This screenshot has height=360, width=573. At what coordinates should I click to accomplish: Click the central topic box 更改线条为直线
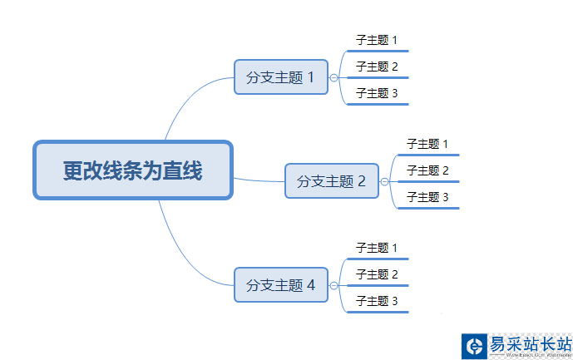(133, 170)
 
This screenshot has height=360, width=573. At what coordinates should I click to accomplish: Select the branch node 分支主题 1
(281, 77)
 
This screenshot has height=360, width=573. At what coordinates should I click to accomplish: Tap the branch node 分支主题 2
(332, 181)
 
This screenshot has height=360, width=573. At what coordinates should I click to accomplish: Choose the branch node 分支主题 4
(281, 285)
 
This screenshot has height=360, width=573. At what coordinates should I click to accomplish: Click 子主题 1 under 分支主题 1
(377, 40)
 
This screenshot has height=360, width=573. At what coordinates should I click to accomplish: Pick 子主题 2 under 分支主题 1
(377, 67)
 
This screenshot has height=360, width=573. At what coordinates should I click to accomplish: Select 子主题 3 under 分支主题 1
(377, 93)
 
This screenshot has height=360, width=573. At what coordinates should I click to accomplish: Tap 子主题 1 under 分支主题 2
(427, 144)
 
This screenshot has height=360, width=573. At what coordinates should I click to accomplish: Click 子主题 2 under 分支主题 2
(427, 170)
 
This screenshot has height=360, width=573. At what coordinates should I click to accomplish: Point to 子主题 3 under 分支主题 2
(427, 197)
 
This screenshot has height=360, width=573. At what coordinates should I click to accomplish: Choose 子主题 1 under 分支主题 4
(377, 248)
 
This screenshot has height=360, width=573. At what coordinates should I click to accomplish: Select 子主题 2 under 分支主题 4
(377, 274)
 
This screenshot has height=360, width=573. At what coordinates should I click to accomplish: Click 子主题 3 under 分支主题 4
(377, 301)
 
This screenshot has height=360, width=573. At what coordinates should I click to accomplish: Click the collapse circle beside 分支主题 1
(333, 78)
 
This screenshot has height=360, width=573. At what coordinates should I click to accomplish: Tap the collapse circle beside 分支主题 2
(384, 181)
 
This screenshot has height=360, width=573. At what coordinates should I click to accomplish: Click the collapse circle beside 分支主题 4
(333, 285)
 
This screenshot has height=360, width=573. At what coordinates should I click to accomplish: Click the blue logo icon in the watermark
(475, 346)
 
